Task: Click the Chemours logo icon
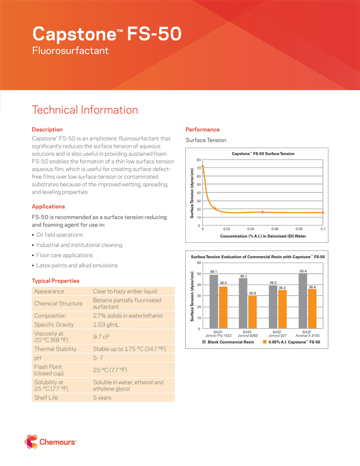tap(31, 442)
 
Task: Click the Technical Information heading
tap(85, 110)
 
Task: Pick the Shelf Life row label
tap(46, 398)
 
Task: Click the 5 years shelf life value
tap(102, 398)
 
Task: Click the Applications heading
tap(48, 207)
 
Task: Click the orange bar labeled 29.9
tap(252, 312)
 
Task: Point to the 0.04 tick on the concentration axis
tap(251, 229)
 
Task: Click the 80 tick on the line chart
tap(198, 160)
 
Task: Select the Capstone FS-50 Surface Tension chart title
tap(263, 154)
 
